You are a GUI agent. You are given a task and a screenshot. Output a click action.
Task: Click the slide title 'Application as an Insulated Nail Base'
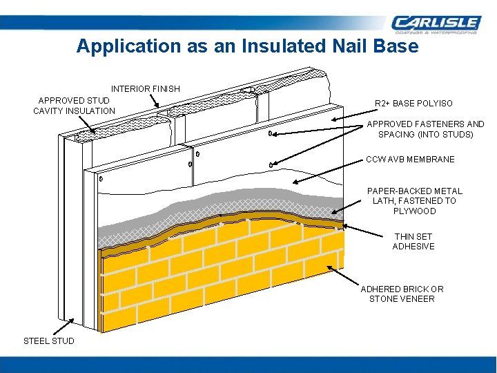coord(247,46)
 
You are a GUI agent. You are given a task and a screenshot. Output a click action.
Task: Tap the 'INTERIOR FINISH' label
coord(146,88)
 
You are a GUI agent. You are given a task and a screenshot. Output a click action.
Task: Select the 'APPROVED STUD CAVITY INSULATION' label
coord(74,106)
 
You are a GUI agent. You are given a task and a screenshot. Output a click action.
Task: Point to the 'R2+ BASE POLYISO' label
coord(413,104)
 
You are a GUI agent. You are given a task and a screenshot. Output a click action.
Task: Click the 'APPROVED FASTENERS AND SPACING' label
coord(425,129)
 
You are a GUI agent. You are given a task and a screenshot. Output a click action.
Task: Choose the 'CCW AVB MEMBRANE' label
coord(410,160)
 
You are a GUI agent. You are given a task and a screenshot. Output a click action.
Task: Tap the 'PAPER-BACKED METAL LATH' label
coord(414,201)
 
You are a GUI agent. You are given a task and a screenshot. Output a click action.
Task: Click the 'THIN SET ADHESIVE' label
coord(413,241)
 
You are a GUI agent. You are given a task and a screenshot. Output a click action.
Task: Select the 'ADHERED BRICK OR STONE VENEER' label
coord(402,294)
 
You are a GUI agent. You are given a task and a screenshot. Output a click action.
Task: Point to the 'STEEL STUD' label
coord(49,341)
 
